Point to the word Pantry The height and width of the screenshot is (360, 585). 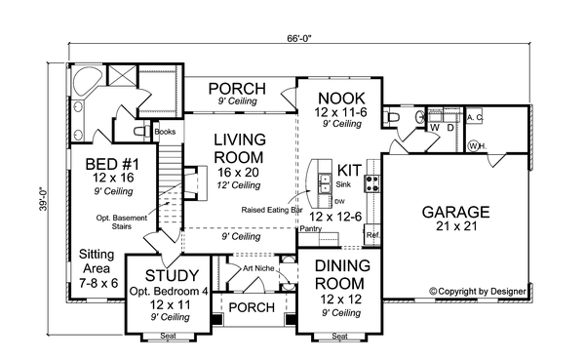click(311, 228)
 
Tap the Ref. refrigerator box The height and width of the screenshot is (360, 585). click(371, 234)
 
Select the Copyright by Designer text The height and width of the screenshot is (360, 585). click(478, 291)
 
